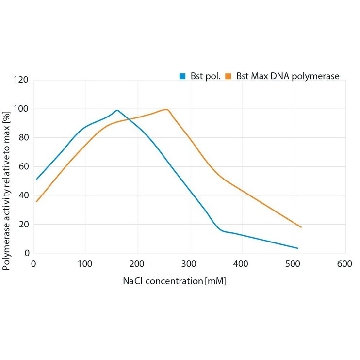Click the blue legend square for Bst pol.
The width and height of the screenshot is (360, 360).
pyautogui.click(x=182, y=76)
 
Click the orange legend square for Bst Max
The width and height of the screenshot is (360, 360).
pyautogui.click(x=228, y=76)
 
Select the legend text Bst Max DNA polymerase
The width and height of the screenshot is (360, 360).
pyautogui.click(x=288, y=77)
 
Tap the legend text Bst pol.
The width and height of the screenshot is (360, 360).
pyautogui.click(x=205, y=77)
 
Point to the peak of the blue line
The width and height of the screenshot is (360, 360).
pyautogui.click(x=117, y=110)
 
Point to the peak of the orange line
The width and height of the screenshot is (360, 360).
pyautogui.click(x=166, y=109)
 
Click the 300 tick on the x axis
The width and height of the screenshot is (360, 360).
pyautogui.click(x=189, y=264)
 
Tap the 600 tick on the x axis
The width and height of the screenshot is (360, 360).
pyautogui.click(x=344, y=264)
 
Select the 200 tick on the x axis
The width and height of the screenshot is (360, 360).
pyautogui.click(x=137, y=264)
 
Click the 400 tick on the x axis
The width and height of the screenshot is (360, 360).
pyautogui.click(x=241, y=264)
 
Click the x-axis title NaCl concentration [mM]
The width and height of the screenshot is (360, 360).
pyautogui.click(x=175, y=281)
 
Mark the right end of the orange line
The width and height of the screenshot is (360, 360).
pyautogui.click(x=301, y=227)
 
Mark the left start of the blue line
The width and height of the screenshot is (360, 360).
pyautogui.click(x=36, y=180)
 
